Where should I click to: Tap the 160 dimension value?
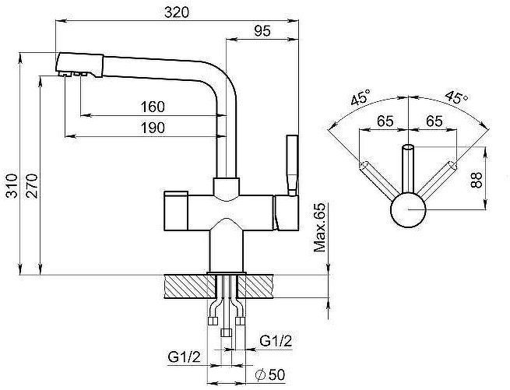pos(152,106)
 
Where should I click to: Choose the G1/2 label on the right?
pos(276,341)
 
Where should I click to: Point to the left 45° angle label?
pos(360,99)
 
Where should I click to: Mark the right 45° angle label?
pos(456,99)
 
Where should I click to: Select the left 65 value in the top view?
pos(385,121)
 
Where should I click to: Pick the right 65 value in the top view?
pos(434,121)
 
